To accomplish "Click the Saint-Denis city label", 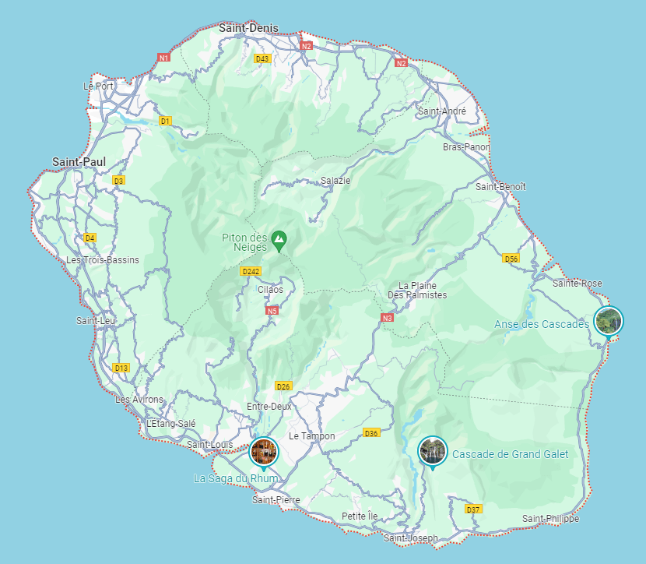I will (248, 27).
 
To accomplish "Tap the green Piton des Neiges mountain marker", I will (278, 238).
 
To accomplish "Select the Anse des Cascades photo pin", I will (608, 320).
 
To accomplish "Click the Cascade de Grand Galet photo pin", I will (432, 450).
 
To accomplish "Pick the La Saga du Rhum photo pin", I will (263, 451).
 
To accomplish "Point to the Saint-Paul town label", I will (79, 162).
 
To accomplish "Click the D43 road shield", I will (262, 59).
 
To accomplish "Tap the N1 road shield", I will (163, 58).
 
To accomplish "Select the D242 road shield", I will (251, 271).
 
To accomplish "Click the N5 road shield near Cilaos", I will (272, 311).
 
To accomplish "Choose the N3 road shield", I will (387, 318).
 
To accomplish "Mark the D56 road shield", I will (511, 259).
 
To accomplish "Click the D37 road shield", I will (472, 509).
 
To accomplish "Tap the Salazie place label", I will (335, 181).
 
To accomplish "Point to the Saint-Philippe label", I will (551, 519).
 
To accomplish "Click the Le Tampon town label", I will (311, 436).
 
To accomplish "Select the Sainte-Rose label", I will (578, 283).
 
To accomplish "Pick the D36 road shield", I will (371, 433).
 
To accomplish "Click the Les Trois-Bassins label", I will (103, 259).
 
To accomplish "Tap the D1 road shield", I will (164, 121).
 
